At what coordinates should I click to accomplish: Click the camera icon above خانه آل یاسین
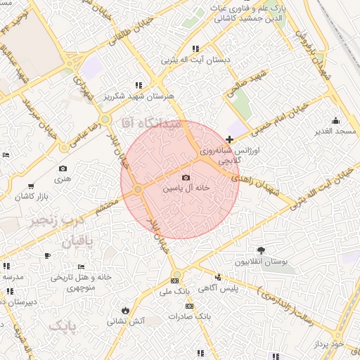pyautogui.click(x=186, y=178)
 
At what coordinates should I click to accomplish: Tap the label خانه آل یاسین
pyautogui.click(x=186, y=188)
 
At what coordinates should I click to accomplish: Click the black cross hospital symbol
pyautogui.click(x=230, y=140)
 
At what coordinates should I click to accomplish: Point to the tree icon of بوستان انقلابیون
pyautogui.click(x=262, y=250)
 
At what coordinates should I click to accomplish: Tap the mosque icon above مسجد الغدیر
pyautogui.click(x=335, y=120)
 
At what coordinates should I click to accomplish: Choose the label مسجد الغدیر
pyautogui.click(x=335, y=131)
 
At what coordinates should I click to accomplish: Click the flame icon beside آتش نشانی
pyautogui.click(x=125, y=309)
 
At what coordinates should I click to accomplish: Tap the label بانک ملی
pyautogui.click(x=174, y=290)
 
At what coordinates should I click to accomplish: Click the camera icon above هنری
pyautogui.click(x=63, y=169)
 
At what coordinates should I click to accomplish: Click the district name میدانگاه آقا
pyautogui.click(x=152, y=123)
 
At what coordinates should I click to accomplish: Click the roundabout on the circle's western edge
pyautogui.click(x=139, y=189)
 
